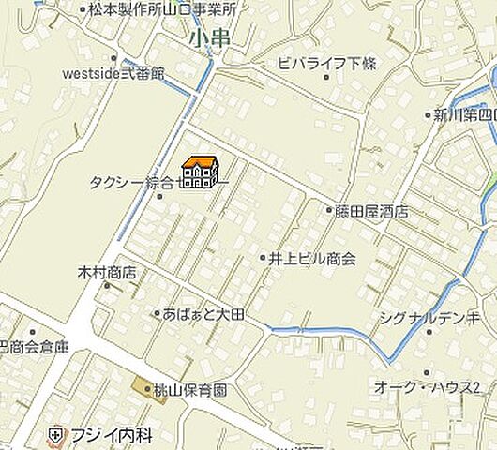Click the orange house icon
(x=200, y=172)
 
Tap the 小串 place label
(x=209, y=37)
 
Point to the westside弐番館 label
(x=113, y=72)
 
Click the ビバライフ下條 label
(x=327, y=63)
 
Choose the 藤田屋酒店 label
(x=371, y=212)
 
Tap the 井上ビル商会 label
(x=312, y=258)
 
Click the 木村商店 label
(x=106, y=273)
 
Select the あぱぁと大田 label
(x=203, y=314)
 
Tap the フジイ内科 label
(x=112, y=436)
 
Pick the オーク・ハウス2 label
(x=427, y=387)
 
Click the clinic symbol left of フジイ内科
(x=56, y=436)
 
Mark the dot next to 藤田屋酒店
(x=329, y=211)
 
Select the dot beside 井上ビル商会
(x=264, y=257)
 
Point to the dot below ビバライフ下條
(x=326, y=77)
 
